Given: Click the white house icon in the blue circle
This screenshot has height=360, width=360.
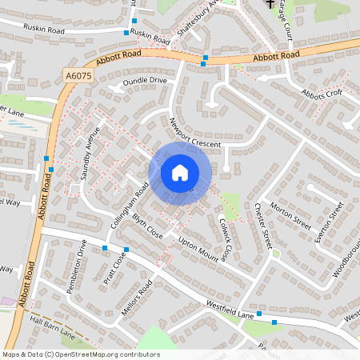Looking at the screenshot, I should [x=180, y=173].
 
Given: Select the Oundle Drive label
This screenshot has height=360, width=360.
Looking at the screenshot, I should [x=144, y=82].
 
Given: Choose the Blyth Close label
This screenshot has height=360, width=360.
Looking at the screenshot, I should [x=148, y=226].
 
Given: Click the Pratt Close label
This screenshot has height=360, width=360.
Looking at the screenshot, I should [x=114, y=269].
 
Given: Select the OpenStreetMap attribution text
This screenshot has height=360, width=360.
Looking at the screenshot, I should [x=81, y=354].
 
